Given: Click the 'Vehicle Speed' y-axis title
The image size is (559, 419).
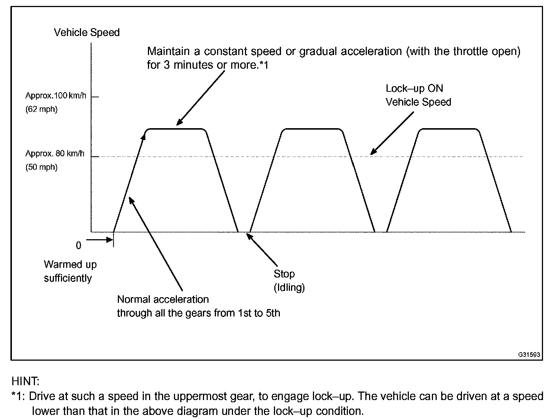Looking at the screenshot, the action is click(x=87, y=33).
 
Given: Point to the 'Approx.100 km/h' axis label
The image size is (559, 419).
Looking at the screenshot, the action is click(x=56, y=96).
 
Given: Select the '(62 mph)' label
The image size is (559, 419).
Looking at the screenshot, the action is click(x=41, y=110).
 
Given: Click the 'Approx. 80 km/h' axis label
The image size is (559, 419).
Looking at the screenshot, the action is click(x=55, y=153).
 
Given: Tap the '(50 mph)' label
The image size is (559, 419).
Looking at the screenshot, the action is click(x=41, y=167).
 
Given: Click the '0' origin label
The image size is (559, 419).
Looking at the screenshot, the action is click(x=78, y=246).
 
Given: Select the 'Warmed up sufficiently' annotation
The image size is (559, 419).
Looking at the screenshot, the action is click(x=70, y=271).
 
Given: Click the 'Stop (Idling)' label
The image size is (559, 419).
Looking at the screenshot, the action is click(x=289, y=280).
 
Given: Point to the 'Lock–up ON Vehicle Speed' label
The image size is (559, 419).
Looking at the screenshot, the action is click(x=418, y=95).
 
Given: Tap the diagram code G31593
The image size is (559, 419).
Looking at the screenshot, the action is click(x=529, y=355).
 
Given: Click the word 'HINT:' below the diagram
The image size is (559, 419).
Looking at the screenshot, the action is click(x=26, y=381).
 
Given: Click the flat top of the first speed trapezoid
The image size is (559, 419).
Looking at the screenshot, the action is click(x=176, y=129).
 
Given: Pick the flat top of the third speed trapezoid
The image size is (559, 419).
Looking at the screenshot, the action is click(x=449, y=129).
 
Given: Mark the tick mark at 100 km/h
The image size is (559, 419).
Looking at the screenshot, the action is click(x=95, y=97).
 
